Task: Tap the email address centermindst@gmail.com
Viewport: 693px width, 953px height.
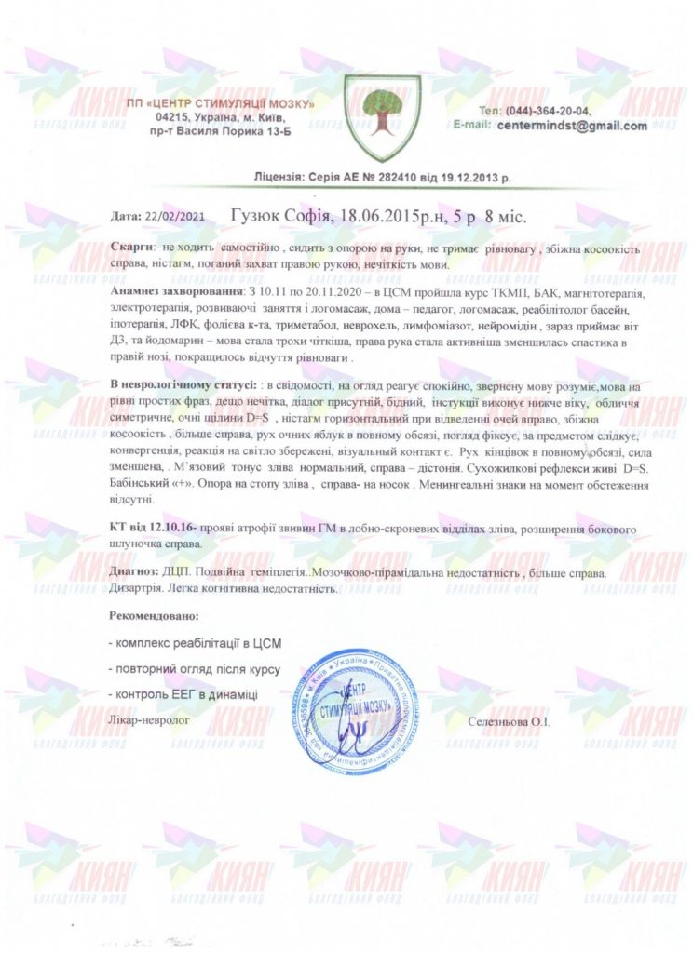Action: point(572,126)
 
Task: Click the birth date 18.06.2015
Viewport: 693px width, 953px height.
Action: point(385,217)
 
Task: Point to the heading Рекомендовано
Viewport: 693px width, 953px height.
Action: point(155,616)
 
